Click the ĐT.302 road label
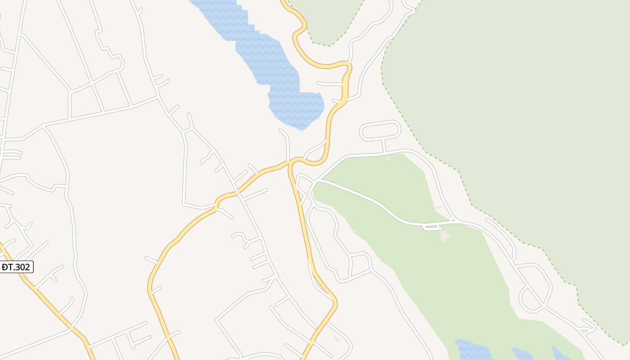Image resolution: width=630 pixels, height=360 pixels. point(16,267)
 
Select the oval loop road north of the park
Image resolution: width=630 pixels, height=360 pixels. point(380,130)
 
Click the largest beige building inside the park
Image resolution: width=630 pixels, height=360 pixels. point(445,235)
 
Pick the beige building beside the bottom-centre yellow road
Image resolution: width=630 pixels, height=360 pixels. point(337,338)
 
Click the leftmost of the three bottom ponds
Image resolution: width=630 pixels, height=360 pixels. point(472,350)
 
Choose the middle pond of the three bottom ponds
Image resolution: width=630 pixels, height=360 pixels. point(522,355)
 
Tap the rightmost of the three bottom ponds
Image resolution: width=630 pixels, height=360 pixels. point(560,353)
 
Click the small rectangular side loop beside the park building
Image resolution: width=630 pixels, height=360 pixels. point(432,228)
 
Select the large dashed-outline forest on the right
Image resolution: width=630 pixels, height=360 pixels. point(517,112)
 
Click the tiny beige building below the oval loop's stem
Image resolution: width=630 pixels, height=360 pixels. point(387,158)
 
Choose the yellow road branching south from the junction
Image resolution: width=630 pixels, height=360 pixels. point(306,234)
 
